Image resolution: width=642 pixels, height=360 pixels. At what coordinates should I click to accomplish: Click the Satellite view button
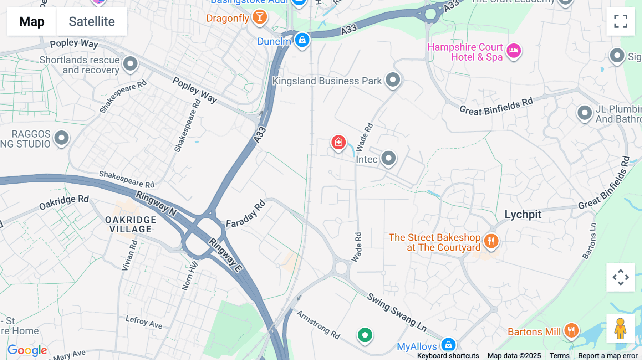(92, 21)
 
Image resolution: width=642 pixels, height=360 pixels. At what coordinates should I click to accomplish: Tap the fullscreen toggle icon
(621, 21)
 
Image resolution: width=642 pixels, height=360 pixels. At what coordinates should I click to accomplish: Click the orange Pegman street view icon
(620, 329)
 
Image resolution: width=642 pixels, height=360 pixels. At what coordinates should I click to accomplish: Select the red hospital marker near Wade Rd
(338, 142)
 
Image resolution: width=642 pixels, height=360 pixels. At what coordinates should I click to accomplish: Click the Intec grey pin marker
(388, 158)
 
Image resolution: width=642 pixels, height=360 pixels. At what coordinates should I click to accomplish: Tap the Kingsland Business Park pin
(393, 79)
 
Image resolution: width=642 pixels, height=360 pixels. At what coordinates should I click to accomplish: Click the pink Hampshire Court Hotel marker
(514, 51)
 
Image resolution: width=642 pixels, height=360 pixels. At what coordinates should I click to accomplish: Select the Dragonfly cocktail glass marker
(260, 17)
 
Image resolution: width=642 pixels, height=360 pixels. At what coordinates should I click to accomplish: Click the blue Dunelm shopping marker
(302, 40)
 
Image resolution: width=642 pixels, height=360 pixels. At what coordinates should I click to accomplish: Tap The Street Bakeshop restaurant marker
(491, 241)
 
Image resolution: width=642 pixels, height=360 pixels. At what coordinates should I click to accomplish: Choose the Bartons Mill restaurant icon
(571, 331)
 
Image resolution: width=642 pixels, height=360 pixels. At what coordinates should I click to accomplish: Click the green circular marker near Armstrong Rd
(365, 335)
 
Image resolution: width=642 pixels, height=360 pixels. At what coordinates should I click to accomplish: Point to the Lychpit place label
(523, 215)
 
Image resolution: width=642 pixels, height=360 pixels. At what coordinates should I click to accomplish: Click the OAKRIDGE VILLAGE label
(131, 225)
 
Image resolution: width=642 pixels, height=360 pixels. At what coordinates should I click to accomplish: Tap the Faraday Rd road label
(246, 214)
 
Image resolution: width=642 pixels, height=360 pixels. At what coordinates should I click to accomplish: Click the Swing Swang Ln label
(397, 313)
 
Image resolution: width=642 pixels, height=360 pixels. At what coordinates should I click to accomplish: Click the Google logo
(27, 350)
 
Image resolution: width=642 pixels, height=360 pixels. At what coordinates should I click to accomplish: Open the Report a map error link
(607, 356)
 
